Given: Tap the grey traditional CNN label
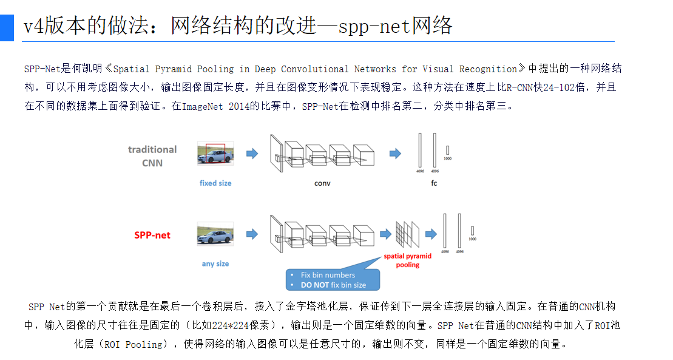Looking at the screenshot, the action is tap(152, 156).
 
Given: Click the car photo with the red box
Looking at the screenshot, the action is tap(215, 154).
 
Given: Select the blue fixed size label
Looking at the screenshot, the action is tap(215, 183).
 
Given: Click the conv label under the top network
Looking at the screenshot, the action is tap(322, 183).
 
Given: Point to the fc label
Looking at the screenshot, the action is tap(435, 183).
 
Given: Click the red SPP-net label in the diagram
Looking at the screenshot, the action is tap(152, 235).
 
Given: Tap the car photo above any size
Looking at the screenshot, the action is tap(215, 234).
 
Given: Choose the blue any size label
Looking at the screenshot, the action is tap(215, 263).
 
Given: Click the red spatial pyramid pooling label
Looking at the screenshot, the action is tap(408, 260).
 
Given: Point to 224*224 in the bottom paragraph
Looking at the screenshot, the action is tap(233, 325).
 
